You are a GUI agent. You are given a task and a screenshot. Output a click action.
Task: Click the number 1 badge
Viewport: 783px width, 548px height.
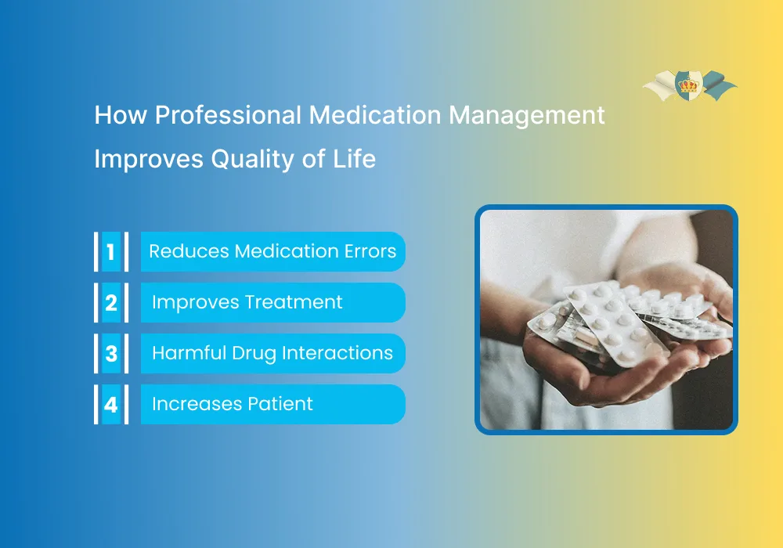(111, 252)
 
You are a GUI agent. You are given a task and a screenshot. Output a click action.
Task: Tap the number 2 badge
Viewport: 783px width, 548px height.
(111, 303)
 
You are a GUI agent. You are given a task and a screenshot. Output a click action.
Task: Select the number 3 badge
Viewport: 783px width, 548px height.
(111, 354)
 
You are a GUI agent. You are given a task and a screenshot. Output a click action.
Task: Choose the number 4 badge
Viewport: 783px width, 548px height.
(111, 405)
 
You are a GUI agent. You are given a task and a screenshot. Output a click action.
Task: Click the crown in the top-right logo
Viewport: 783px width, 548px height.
(689, 85)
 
